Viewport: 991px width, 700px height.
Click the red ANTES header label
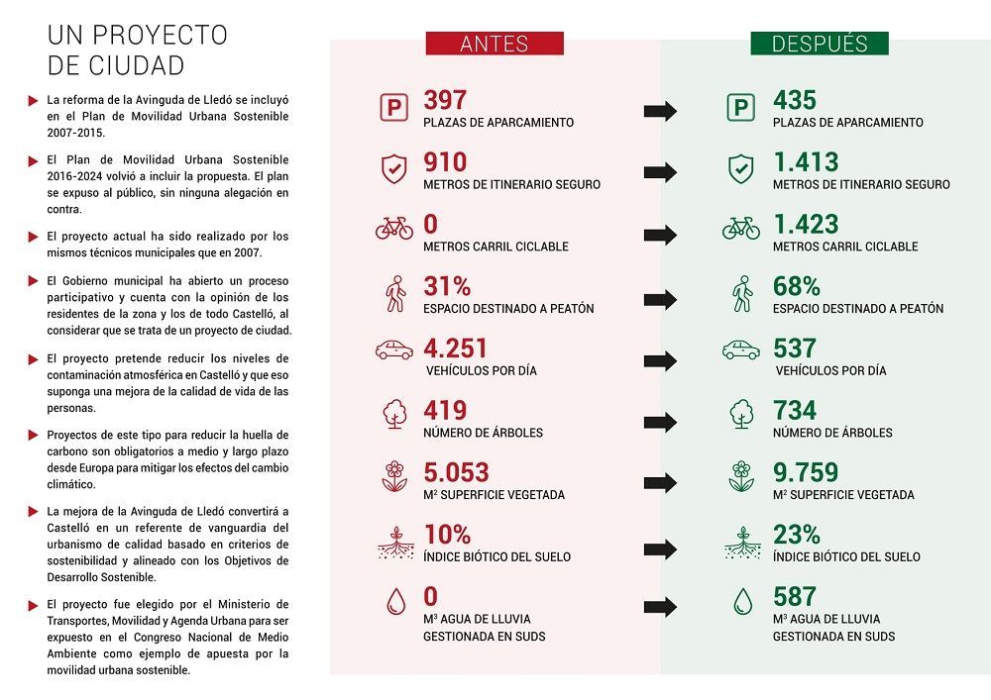495,44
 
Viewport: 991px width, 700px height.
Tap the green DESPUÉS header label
819,44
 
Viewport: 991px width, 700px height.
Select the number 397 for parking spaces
445,101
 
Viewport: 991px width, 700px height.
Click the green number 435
795,101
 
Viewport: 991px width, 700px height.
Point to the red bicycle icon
394,229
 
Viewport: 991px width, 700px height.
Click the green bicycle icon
740,229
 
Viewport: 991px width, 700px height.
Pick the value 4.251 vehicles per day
456,349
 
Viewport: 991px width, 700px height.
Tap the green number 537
795,349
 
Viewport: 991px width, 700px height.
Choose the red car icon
394,350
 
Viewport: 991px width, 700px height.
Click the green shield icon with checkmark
740,168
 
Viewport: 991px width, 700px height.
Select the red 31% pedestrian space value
447,286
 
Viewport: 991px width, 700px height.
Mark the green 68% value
797,286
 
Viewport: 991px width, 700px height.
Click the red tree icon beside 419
394,413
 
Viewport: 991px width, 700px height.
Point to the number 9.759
806,472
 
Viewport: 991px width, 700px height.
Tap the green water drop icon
740,602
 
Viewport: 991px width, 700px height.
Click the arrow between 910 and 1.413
660,172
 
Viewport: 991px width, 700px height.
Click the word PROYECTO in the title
161,36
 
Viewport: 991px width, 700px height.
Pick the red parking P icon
394,108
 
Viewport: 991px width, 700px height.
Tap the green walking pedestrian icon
741,293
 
